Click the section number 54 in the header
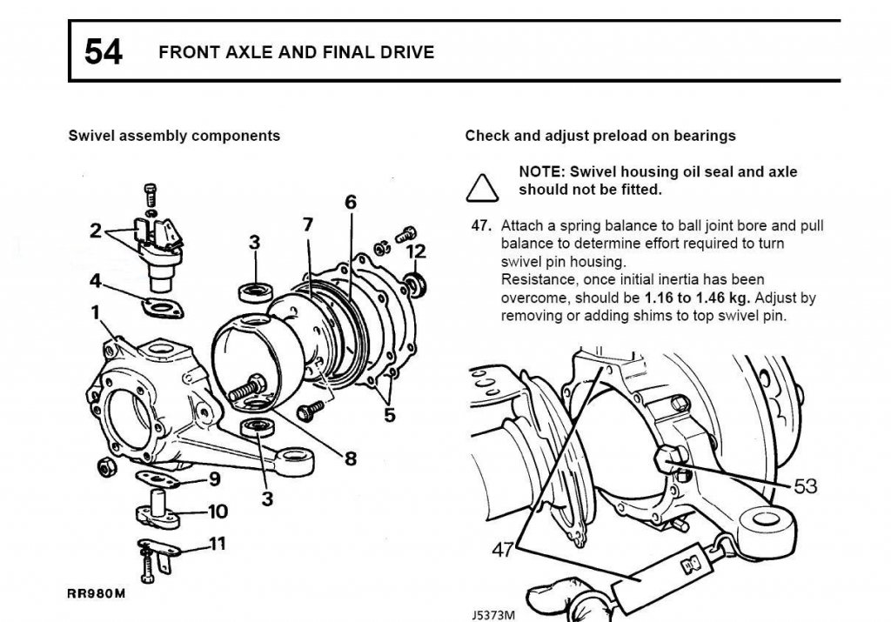coord(104,52)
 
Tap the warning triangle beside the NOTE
coord(482,185)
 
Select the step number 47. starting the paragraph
coord(482,225)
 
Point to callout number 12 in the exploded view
coord(417,252)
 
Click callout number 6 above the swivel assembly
coord(351,202)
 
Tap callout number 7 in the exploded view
coord(307,224)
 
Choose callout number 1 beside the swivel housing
coord(96,312)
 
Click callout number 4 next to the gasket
coord(96,282)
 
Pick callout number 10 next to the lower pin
coord(218,512)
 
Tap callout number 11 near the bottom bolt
coord(217,545)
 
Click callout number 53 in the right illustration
coord(806,485)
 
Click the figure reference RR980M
coord(97,595)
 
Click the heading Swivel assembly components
coord(174,136)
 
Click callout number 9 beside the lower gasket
coord(214,478)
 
